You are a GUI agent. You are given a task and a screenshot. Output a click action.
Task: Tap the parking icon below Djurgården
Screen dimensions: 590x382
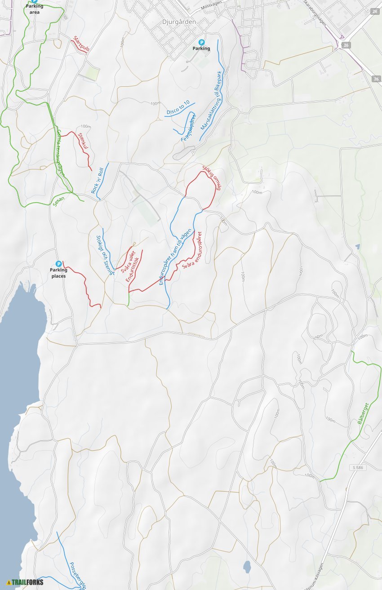click(201, 42)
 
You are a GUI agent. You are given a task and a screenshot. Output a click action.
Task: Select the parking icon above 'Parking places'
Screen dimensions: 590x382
click(58, 264)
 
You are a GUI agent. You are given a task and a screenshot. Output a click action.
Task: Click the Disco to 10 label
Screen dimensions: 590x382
click(178, 107)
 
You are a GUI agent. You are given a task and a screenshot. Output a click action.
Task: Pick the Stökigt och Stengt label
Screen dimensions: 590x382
click(106, 255)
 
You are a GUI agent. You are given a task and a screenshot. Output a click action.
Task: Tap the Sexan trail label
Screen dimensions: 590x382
click(58, 201)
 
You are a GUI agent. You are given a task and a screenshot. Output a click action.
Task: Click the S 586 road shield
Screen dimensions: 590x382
click(357, 468)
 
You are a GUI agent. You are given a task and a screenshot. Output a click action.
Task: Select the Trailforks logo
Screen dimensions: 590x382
click(25, 582)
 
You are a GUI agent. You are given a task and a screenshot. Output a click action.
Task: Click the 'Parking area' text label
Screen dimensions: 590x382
click(35, 9)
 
